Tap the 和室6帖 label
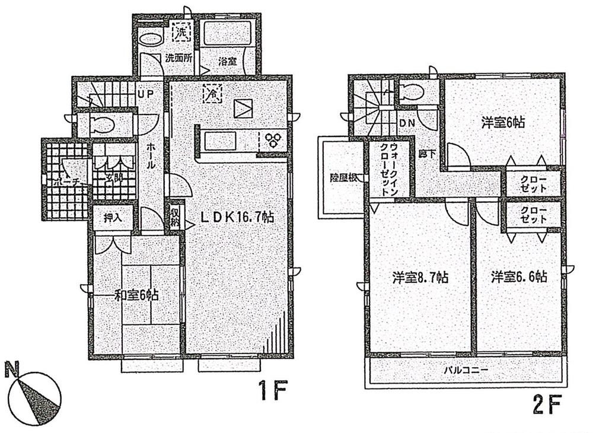pyautogui.click(x=136, y=295)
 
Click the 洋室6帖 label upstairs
pyautogui.click(x=503, y=123)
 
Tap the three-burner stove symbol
pyautogui.click(x=273, y=141)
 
